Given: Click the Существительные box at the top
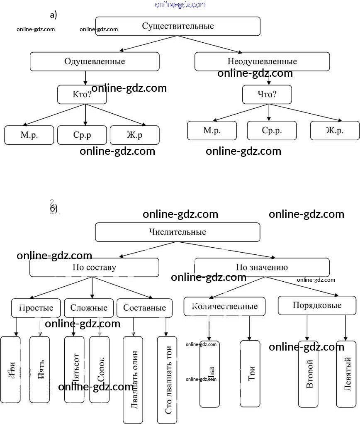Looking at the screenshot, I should click(x=178, y=26).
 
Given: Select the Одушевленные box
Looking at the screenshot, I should click(x=95, y=61).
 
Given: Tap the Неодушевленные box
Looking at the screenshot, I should click(x=262, y=61).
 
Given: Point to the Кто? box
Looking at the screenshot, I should click(x=82, y=94).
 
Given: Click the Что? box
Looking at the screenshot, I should click(x=267, y=94).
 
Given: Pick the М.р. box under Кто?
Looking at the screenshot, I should click(x=29, y=135).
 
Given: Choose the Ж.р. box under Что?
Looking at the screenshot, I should click(x=335, y=130).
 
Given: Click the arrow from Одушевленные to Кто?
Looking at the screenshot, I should click(x=85, y=78).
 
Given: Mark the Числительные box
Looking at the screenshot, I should click(x=178, y=232).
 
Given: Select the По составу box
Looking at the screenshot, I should click(x=94, y=267).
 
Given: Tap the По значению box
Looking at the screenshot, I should click(x=262, y=267).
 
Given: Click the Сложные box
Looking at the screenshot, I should click(x=89, y=308).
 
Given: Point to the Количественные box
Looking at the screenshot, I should click(x=224, y=306).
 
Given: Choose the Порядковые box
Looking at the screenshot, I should click(x=317, y=305).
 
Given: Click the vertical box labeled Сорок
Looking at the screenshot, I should click(x=100, y=369).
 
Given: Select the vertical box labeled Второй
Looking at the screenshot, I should click(x=308, y=374).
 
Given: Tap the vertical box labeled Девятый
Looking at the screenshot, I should click(x=346, y=374).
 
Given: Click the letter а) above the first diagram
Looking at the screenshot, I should click(x=54, y=15).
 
